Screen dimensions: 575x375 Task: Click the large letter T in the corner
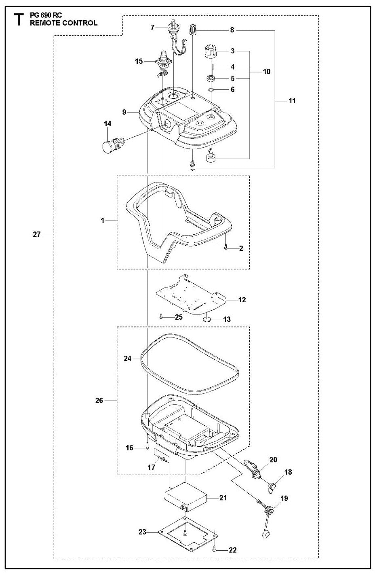18,20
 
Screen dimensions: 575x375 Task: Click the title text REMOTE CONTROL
63,23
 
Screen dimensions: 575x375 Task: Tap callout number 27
36,235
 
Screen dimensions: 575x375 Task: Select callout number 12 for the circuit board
242,300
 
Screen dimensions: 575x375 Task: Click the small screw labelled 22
213,549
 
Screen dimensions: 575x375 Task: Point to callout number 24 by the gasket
128,358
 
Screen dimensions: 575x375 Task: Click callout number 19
284,499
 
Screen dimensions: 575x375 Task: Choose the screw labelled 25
161,317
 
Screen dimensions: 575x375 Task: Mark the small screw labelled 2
225,248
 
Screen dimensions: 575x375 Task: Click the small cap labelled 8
193,30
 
